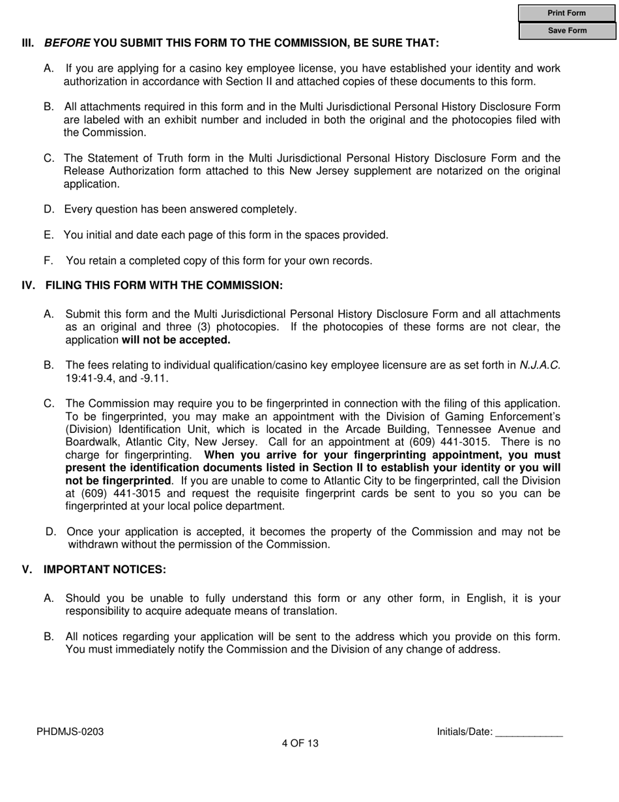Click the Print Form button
[x=566, y=13]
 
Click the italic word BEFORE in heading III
[x=66, y=43]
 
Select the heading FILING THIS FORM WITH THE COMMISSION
[x=164, y=286]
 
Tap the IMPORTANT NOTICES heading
[x=105, y=570]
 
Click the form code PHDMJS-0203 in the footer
[x=70, y=732]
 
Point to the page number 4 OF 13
[x=300, y=743]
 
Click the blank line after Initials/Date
[x=528, y=732]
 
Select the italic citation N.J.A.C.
[x=540, y=365]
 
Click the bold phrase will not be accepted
[x=176, y=340]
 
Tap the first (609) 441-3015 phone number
[x=449, y=442]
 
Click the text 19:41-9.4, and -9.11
[x=117, y=378]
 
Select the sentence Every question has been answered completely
[x=180, y=209]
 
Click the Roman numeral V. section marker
[x=27, y=570]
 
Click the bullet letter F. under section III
[x=48, y=261]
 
